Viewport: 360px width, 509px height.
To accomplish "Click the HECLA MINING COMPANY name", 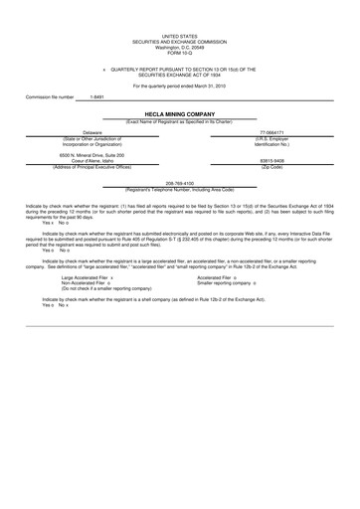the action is pyautogui.click(x=179, y=113).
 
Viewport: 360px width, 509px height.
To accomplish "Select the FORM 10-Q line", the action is pyautogui.click(x=179, y=51).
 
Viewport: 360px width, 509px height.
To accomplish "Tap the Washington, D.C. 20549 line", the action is pyautogui.click(x=179, y=45).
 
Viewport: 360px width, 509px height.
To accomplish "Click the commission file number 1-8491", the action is pyautogui.click(x=97, y=97).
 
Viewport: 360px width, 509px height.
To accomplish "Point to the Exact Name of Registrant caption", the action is pyautogui.click(x=179, y=120).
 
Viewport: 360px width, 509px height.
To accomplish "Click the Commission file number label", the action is pyautogui.click(x=50, y=97).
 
